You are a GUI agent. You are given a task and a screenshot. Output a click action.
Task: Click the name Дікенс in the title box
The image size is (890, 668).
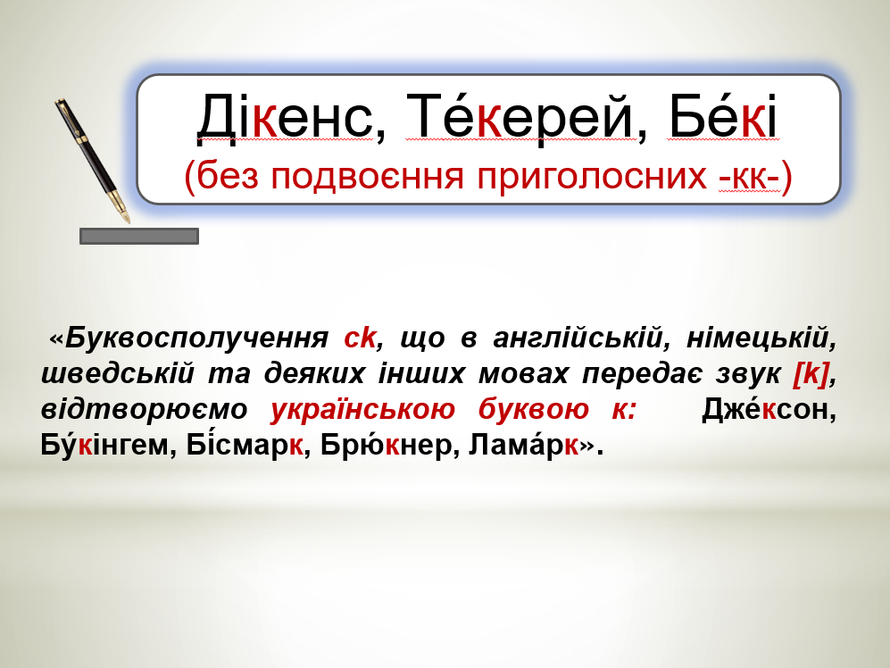tap(285, 116)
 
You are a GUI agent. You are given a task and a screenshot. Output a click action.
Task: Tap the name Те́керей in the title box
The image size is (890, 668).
tap(520, 116)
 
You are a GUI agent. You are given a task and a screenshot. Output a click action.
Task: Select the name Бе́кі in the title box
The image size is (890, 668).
tap(722, 116)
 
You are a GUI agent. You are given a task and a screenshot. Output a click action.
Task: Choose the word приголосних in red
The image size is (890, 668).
tap(592, 177)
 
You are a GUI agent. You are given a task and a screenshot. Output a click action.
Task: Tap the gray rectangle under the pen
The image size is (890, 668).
tap(139, 237)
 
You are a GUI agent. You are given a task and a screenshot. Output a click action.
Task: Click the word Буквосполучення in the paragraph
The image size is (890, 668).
tap(196, 338)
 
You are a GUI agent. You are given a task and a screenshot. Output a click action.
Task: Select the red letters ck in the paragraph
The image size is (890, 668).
tap(360, 338)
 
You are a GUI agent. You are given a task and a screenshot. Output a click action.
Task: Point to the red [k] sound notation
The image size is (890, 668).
tap(811, 374)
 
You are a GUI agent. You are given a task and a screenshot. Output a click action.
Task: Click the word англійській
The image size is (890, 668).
tap(578, 338)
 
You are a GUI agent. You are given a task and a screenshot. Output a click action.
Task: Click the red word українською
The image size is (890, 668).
tap(362, 410)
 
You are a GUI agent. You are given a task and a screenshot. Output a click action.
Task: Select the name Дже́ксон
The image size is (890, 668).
tap(766, 409)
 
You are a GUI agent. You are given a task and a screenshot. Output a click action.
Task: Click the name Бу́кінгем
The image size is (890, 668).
tap(104, 444)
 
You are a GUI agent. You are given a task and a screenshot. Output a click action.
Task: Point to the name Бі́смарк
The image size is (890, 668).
tap(245, 444)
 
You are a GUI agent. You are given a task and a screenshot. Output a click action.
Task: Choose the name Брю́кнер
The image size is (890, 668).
tap(386, 444)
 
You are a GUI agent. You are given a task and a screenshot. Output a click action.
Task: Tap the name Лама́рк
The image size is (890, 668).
tap(523, 444)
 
